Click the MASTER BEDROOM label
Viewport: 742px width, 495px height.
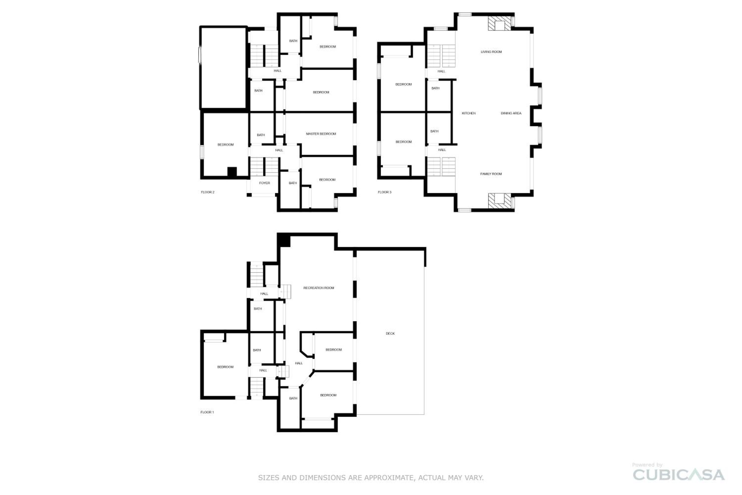tap(321, 134)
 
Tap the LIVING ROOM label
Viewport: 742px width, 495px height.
tap(491, 52)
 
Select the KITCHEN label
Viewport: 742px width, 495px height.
tap(468, 113)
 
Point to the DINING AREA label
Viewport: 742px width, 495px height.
tap(511, 113)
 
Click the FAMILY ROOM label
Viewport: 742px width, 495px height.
tap(491, 174)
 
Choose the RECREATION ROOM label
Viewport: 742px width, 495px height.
tap(319, 288)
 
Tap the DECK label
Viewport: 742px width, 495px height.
tap(390, 333)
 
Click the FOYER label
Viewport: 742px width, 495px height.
tap(264, 183)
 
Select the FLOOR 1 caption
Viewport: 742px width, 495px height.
tap(207, 412)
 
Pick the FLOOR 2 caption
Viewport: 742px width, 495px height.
tap(208, 192)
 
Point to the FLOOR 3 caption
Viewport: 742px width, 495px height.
tap(385, 192)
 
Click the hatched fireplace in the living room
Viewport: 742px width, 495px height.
tap(499, 23)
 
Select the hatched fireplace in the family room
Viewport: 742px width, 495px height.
tap(499, 201)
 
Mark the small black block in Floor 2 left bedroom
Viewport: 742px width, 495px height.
tap(232, 172)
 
